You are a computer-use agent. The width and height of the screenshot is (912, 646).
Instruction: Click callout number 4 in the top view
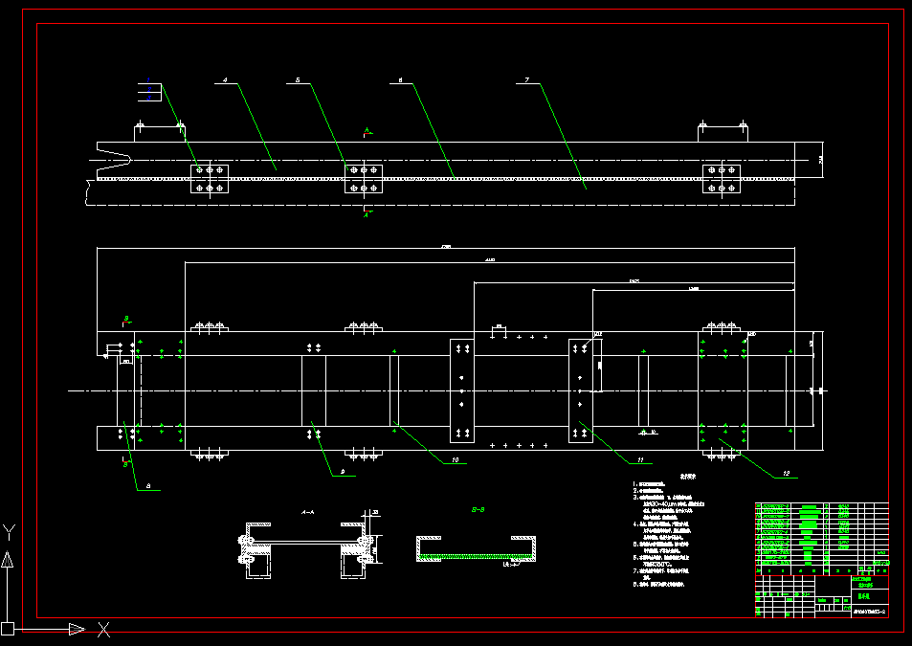click(225, 82)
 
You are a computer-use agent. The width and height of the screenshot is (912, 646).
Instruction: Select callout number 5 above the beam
click(298, 82)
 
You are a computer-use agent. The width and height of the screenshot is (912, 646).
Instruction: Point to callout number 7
click(527, 82)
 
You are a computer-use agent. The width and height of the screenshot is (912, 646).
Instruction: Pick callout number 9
click(343, 472)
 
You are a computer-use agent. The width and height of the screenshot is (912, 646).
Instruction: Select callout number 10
click(455, 460)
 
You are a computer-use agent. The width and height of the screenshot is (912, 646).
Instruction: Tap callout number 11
click(640, 460)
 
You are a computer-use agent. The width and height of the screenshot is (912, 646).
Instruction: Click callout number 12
click(786, 473)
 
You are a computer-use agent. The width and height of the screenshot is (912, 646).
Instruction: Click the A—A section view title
click(308, 512)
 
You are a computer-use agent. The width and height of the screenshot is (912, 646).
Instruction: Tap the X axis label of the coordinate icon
click(103, 629)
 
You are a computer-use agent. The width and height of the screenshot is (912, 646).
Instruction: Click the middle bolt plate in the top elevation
click(363, 178)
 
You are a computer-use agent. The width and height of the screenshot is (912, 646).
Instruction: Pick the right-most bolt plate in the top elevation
click(722, 178)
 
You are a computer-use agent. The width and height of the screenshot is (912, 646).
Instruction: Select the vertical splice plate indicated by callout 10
click(462, 390)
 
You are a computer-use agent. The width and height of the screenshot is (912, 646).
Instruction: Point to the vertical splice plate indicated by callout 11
click(581, 390)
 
